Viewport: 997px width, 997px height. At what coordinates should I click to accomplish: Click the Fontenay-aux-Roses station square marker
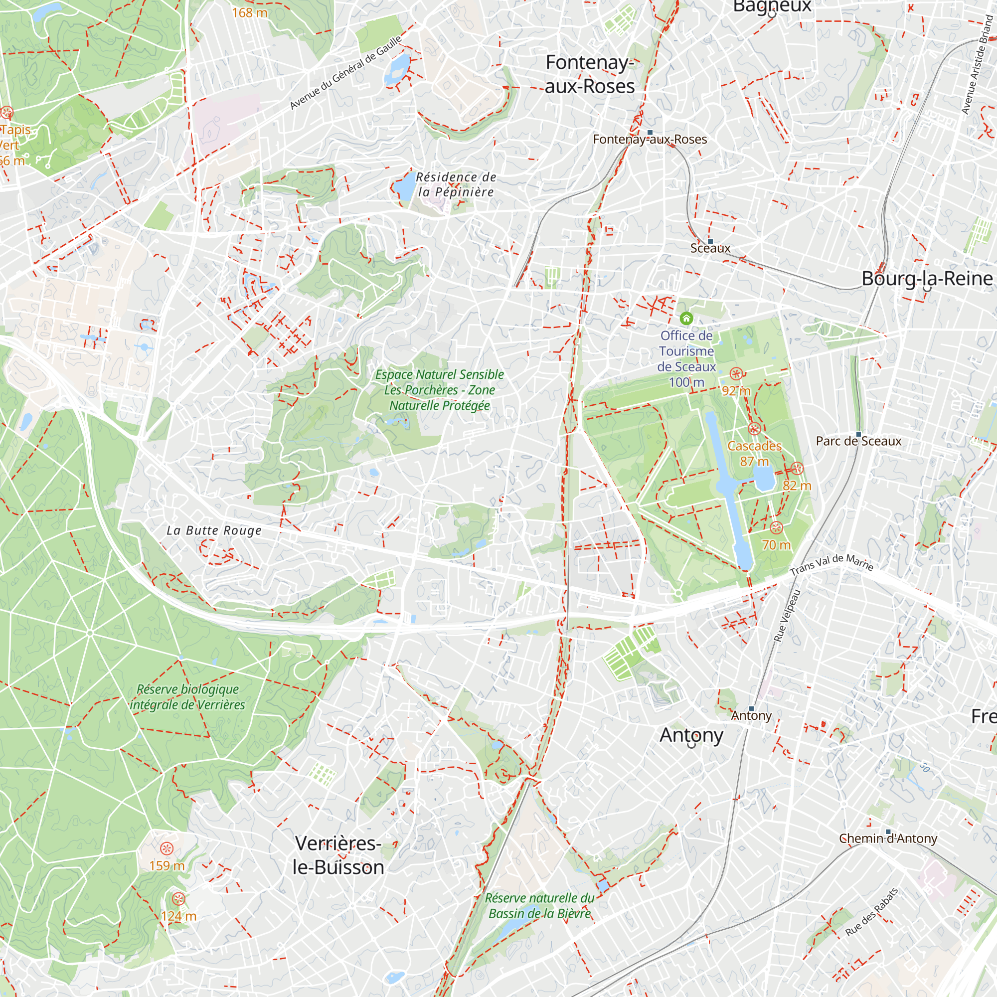click(x=650, y=133)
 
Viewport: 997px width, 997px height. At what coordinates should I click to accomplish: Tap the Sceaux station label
click(x=710, y=248)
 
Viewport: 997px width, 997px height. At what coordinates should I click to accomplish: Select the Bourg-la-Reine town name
click(x=927, y=279)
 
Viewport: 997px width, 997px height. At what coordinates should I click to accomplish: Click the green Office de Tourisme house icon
click(x=686, y=318)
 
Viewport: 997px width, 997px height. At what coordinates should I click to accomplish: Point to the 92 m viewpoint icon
click(x=736, y=373)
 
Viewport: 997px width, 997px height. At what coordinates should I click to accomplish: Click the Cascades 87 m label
click(x=754, y=453)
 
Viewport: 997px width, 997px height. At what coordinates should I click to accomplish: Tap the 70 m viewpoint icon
click(x=776, y=528)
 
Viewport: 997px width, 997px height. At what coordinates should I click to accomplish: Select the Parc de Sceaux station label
click(x=858, y=441)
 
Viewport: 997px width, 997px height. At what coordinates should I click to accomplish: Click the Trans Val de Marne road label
click(x=831, y=563)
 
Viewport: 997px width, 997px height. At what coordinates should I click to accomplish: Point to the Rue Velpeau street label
click(x=787, y=616)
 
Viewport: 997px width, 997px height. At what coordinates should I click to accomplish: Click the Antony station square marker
click(x=751, y=708)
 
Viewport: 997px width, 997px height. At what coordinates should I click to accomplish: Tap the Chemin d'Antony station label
click(x=888, y=838)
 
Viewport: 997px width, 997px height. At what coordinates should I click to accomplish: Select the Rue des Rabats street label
click(x=871, y=912)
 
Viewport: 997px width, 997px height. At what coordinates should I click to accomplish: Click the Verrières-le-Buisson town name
click(x=338, y=855)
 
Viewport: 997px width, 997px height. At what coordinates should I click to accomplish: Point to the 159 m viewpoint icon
click(x=166, y=848)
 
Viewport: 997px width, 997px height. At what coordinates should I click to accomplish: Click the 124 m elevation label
click(x=178, y=917)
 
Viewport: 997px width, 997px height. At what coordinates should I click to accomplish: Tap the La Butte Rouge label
click(x=214, y=530)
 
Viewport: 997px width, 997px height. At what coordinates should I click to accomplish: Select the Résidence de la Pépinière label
click(x=456, y=184)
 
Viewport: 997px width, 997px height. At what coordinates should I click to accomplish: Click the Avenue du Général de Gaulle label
click(x=345, y=73)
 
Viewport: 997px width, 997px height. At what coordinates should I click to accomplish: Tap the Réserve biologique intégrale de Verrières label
click(x=187, y=697)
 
